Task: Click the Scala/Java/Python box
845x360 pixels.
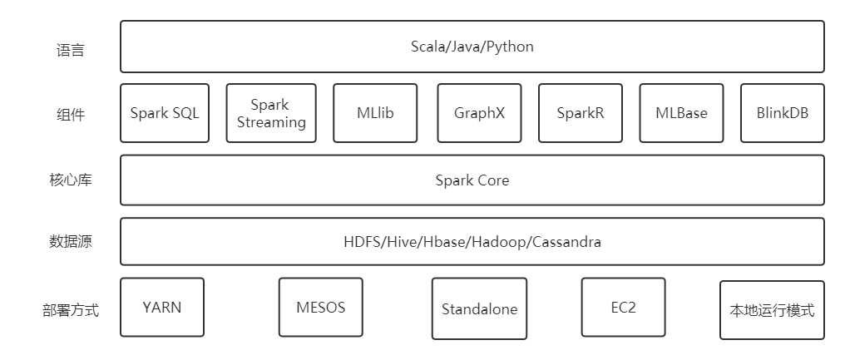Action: coord(472,47)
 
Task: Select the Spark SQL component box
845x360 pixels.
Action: coord(165,113)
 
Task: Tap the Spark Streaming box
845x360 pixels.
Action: coord(271,113)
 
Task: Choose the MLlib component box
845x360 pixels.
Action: coord(375,113)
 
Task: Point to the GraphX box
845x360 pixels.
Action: coord(479,113)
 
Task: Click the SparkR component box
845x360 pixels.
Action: coord(581,113)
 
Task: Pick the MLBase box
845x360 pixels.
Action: coord(681,113)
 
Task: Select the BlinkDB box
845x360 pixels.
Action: coord(782,113)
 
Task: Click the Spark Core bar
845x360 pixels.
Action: coord(472,180)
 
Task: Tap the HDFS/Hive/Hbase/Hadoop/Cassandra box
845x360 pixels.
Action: coord(472,242)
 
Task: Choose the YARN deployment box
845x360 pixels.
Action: coord(161,308)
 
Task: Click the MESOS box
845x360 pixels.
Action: coord(320,308)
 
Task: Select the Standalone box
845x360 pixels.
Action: coord(479,309)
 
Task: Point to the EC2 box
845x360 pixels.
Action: coord(623,308)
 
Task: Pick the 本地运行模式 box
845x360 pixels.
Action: coord(772,311)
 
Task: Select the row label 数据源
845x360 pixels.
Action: coord(70,243)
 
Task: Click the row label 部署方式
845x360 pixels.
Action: coord(70,311)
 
